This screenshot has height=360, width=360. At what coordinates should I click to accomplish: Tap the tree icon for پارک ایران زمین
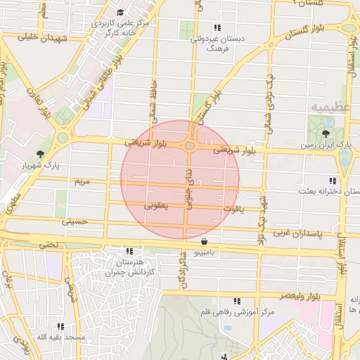[x=325, y=133]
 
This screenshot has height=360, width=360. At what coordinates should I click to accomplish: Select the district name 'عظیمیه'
[x=328, y=107]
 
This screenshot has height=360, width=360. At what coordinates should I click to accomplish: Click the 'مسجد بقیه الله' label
[x=61, y=337]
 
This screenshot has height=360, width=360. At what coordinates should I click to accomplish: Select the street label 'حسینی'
[x=75, y=221]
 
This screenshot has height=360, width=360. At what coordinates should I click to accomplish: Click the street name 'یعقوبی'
[x=156, y=207]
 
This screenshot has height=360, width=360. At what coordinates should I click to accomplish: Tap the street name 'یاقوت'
[x=233, y=209]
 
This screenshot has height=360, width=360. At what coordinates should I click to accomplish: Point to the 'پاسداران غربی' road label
[x=296, y=231]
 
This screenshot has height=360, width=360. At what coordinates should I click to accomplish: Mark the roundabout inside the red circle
[x=191, y=146]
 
